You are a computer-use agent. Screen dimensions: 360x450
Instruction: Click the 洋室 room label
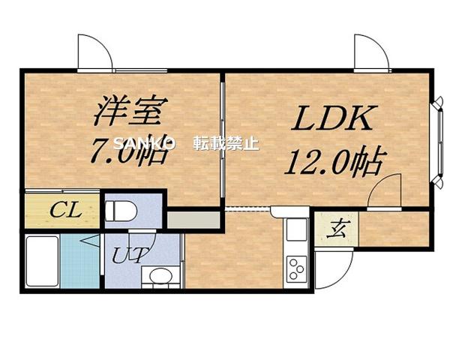pyautogui.click(x=127, y=112)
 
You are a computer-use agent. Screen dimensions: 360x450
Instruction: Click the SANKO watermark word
pyautogui.click(x=143, y=142)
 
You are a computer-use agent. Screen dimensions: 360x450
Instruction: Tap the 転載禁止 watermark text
pyautogui.click(x=226, y=142)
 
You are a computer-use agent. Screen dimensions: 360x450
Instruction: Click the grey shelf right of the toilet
pyautogui.click(x=193, y=220)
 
